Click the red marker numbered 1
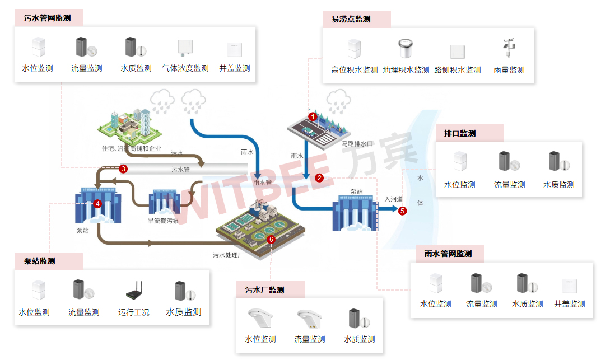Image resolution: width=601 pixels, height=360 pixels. [x=313, y=116]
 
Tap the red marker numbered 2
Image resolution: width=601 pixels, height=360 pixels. [x=319, y=178]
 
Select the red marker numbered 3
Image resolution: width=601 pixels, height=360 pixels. [x=124, y=168]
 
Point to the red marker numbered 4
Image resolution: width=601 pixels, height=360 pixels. [x=97, y=204]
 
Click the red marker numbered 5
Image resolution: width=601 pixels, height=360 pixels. [x=402, y=211]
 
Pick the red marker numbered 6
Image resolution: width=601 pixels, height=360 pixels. [x=272, y=239]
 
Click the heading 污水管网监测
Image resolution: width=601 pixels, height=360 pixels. [x=47, y=18]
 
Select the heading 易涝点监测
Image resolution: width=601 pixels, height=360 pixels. [x=351, y=19]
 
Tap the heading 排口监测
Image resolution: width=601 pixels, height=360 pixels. [x=459, y=133]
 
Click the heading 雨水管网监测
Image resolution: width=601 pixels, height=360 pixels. [x=448, y=254]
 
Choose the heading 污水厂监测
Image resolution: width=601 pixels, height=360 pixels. [x=265, y=290]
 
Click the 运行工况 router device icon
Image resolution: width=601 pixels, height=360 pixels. [x=134, y=291]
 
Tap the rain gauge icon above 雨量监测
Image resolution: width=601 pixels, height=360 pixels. [x=509, y=49]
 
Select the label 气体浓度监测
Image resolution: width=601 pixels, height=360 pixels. [x=185, y=68]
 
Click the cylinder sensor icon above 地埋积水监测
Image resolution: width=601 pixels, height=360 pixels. [x=406, y=49]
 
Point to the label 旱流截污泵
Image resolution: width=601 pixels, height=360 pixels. [x=164, y=221]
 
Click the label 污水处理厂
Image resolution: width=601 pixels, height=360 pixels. [x=229, y=255]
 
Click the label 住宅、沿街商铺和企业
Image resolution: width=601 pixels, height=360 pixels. [x=131, y=149]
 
